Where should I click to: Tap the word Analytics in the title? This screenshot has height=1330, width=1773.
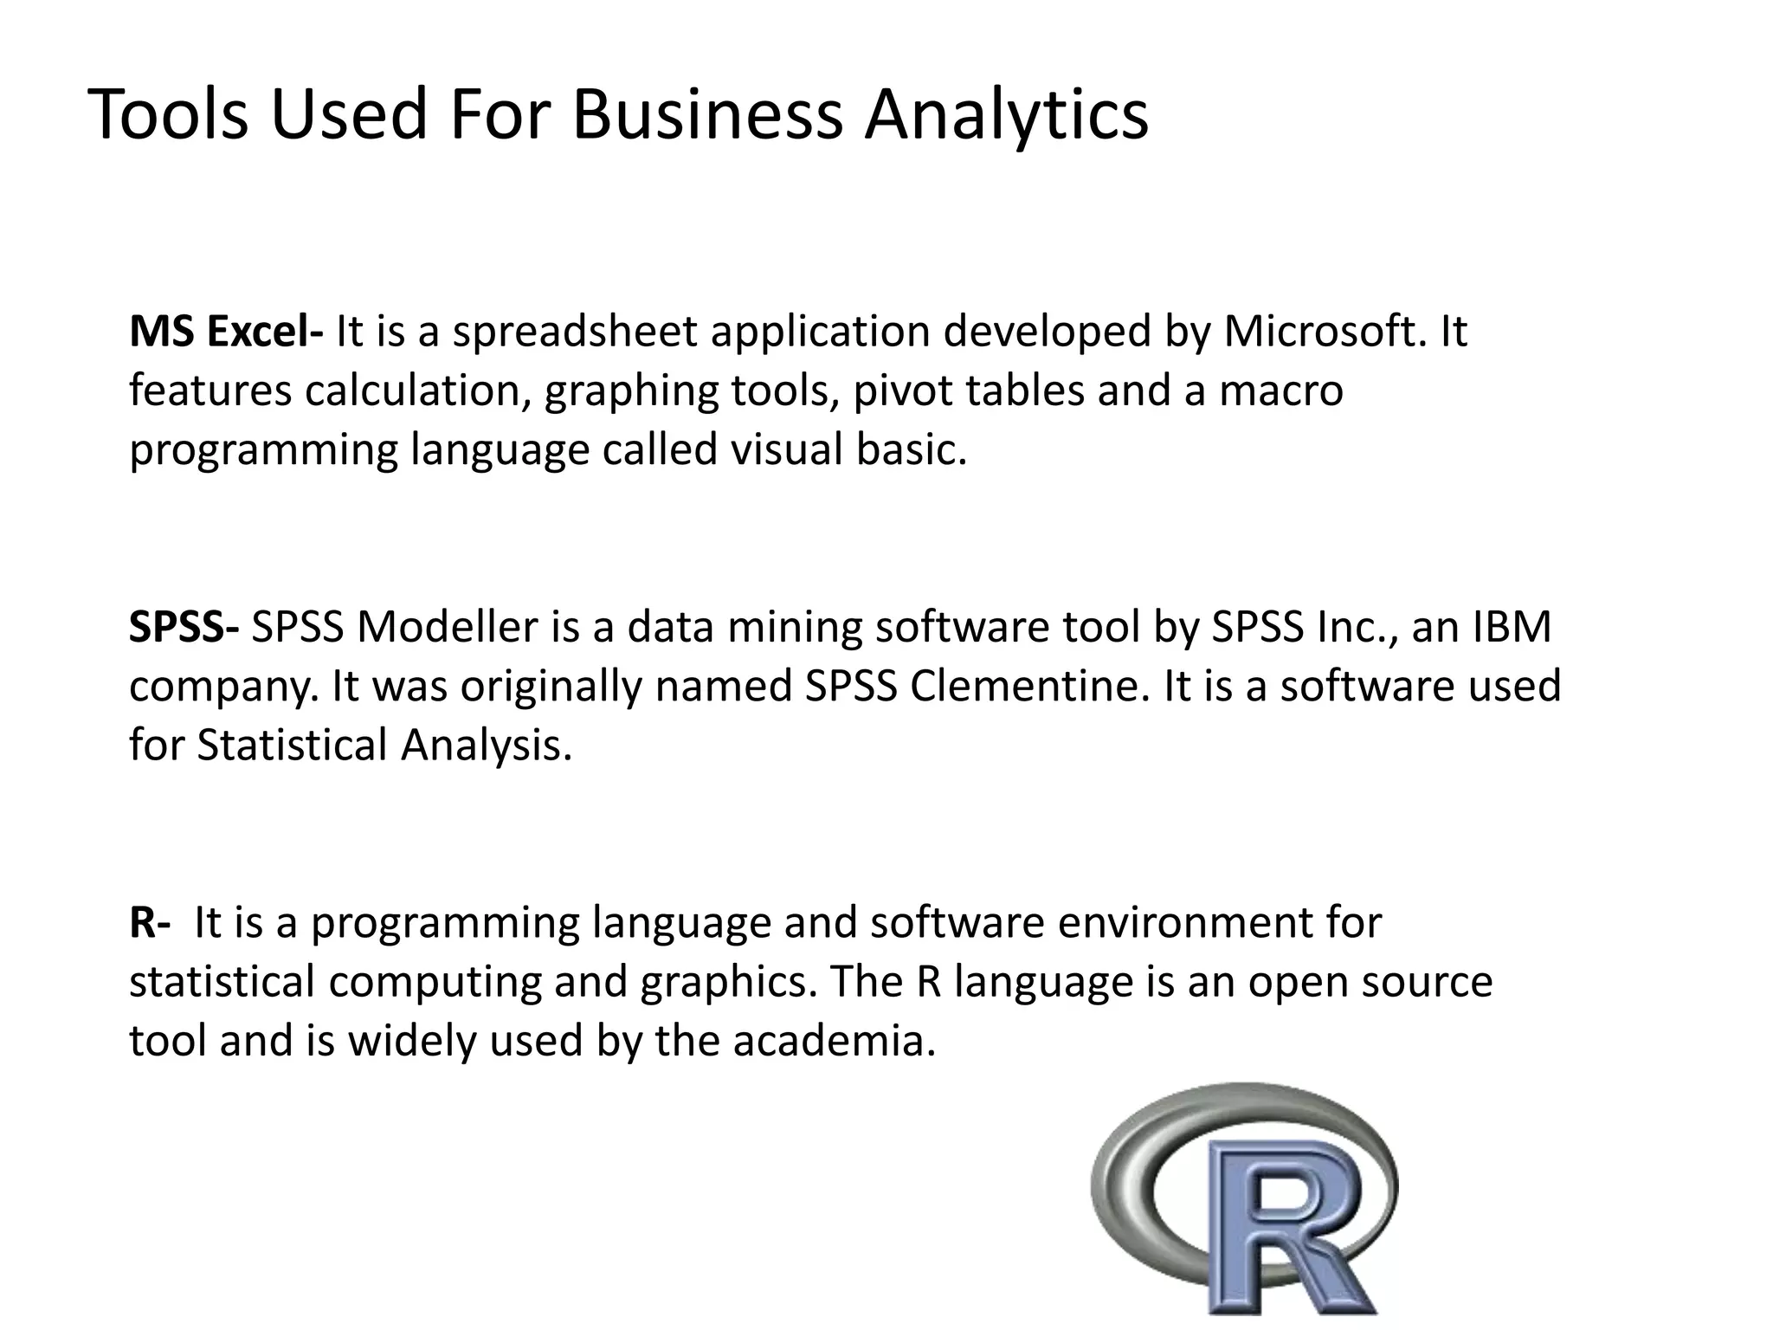1007,115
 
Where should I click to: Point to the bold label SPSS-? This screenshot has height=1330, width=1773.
184,627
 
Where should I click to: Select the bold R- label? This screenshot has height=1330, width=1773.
149,923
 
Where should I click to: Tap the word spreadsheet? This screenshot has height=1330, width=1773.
575,332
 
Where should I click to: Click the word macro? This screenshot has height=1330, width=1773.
1281,391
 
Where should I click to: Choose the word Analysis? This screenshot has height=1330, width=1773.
487,746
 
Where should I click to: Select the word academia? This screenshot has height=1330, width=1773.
835,1041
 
